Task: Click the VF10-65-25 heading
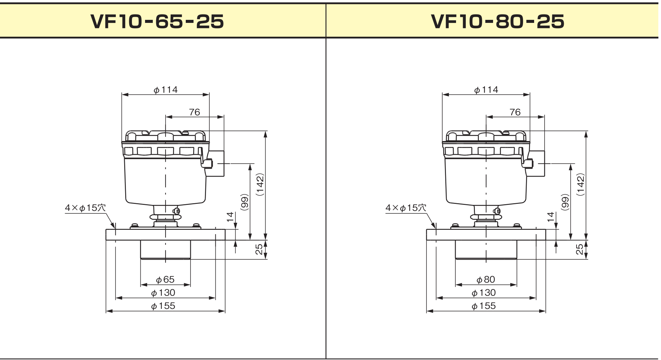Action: coord(157,22)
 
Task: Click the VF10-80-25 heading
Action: coord(498,22)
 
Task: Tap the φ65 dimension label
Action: coord(165,280)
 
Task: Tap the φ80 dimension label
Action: coord(486,280)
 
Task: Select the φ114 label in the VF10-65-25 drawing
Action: coord(166,90)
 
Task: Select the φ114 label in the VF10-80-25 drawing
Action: coord(486,90)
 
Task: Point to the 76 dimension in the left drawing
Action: coord(195,112)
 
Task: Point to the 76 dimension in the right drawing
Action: coord(515,112)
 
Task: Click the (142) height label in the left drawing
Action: coord(260,184)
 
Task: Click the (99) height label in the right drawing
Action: coord(565,202)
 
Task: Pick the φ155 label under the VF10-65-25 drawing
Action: coord(163,306)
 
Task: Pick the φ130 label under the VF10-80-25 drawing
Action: coord(484,293)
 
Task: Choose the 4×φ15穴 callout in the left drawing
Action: coord(85,208)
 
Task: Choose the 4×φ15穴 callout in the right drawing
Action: coord(406,208)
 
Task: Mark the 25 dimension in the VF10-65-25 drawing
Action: coord(259,249)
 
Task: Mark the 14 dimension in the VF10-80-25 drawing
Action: coord(550,217)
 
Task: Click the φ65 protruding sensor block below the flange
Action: coord(165,250)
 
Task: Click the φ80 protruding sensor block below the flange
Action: coord(486,250)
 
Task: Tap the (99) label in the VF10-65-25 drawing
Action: coord(245,202)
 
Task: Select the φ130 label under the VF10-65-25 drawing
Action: coord(163,293)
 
